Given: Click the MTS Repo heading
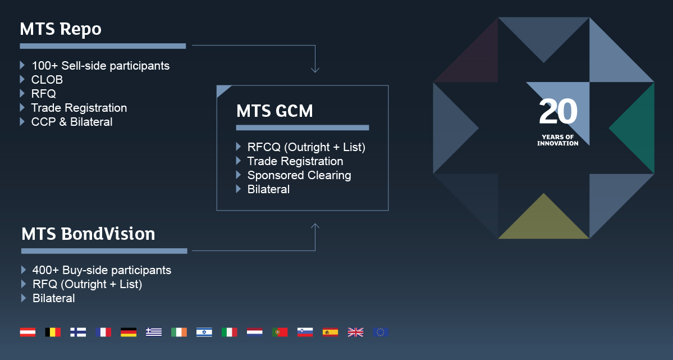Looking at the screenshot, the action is click(x=61, y=29).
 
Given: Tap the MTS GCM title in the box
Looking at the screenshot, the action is click(x=274, y=111).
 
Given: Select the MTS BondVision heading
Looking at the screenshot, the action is click(x=89, y=234).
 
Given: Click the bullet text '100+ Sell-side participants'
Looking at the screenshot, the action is click(x=100, y=66).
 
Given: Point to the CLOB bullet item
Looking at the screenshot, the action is click(x=47, y=80).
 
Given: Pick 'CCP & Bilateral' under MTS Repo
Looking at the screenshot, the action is click(x=72, y=122).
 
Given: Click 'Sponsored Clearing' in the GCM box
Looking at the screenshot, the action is click(x=299, y=175).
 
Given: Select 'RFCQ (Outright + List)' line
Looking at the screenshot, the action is click(x=306, y=147).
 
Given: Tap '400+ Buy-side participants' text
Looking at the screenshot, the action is click(x=102, y=270).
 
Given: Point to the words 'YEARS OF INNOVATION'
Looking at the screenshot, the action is click(x=558, y=140).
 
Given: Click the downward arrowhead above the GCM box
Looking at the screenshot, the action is click(x=315, y=70).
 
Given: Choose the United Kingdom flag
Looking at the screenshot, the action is click(x=355, y=332).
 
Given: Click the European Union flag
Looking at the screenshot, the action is click(x=381, y=332).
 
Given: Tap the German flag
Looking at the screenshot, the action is click(x=129, y=332).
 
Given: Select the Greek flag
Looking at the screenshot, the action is click(x=154, y=332).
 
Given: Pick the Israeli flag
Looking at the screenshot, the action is click(x=204, y=332).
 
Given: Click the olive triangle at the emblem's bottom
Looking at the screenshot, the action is click(x=544, y=221).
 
